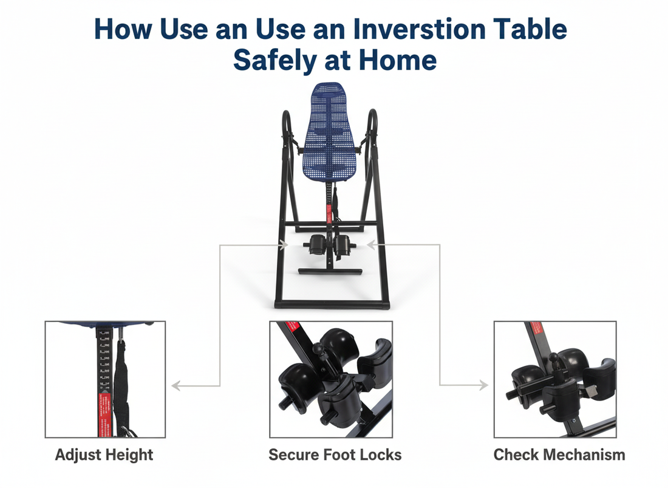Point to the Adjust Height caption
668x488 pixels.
tap(104, 455)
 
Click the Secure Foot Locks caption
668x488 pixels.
tap(335, 455)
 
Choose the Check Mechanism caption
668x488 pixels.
tap(559, 455)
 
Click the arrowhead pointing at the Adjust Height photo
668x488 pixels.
tap(175, 385)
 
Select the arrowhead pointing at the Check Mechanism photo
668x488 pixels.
tap(484, 385)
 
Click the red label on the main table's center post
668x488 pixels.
tap(329, 213)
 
